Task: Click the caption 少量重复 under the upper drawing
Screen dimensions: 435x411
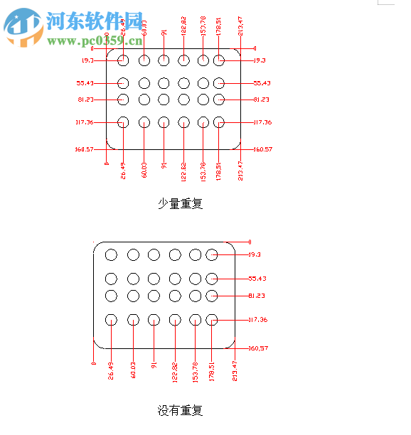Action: click(180, 203)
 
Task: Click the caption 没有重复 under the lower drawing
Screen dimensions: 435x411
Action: click(180, 410)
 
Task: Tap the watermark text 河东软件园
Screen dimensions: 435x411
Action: click(94, 21)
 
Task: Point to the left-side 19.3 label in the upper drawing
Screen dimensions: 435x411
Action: click(88, 60)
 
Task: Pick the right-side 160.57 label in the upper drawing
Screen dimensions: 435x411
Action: click(263, 149)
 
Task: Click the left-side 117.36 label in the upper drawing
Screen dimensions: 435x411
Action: click(85, 122)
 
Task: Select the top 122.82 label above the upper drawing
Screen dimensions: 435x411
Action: click(183, 25)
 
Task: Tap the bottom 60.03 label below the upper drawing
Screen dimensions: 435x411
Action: click(144, 169)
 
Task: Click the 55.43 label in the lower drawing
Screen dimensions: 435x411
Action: click(257, 279)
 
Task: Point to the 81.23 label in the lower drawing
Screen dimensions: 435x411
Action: click(257, 296)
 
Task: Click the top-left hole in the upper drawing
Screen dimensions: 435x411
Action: click(123, 60)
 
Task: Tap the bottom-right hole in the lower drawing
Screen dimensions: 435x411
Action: click(211, 320)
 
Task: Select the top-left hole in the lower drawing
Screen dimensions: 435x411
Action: click(111, 254)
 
